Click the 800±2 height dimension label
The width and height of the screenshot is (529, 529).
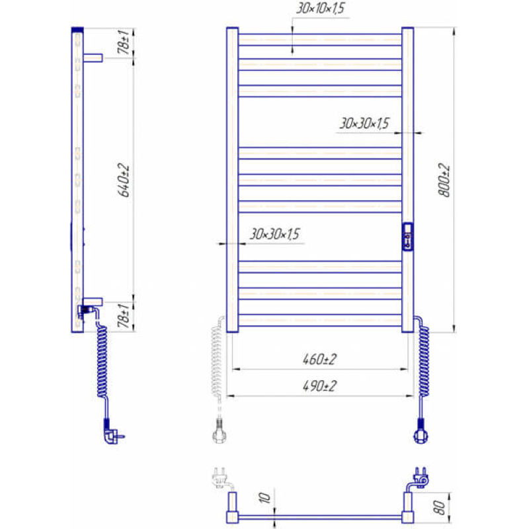(x=444, y=180)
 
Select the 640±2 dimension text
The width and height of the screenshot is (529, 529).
(x=124, y=180)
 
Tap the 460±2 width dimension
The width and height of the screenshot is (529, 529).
(x=319, y=359)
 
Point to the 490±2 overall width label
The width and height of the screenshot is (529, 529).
(x=319, y=386)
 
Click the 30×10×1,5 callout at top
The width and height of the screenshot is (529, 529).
(x=321, y=8)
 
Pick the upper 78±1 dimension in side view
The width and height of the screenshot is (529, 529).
(x=124, y=42)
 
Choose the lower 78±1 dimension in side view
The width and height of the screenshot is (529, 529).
(x=124, y=315)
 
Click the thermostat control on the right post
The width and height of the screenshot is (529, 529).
(x=408, y=237)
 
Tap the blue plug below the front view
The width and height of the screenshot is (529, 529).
(x=421, y=431)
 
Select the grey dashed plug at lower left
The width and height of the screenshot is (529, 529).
(x=220, y=431)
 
